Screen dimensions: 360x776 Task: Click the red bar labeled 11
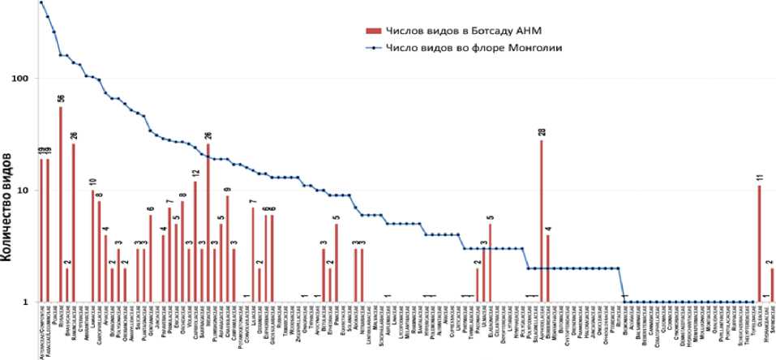(759, 243)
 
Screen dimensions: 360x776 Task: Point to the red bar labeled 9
(227, 248)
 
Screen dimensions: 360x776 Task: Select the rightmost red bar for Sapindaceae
(772, 285)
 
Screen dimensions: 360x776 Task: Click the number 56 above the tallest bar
(61, 99)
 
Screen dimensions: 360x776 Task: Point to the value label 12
(195, 173)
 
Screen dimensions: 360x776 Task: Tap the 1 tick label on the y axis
(25, 302)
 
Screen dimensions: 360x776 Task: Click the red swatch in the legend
(373, 31)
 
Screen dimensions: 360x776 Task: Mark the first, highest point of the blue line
(41, 2)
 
